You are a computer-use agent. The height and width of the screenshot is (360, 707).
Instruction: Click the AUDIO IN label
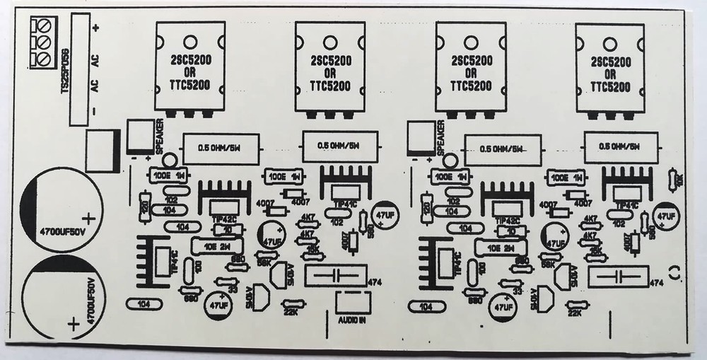pyautogui.click(x=351, y=320)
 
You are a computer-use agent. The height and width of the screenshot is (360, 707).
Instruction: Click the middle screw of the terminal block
pyautogui.click(x=44, y=42)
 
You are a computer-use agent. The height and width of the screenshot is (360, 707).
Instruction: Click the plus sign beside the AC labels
pyautogui.click(x=95, y=28)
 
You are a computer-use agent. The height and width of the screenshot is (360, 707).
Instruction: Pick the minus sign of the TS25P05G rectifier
pyautogui.click(x=94, y=112)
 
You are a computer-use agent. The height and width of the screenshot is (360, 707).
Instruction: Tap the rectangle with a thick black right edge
pyautogui.click(x=100, y=150)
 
